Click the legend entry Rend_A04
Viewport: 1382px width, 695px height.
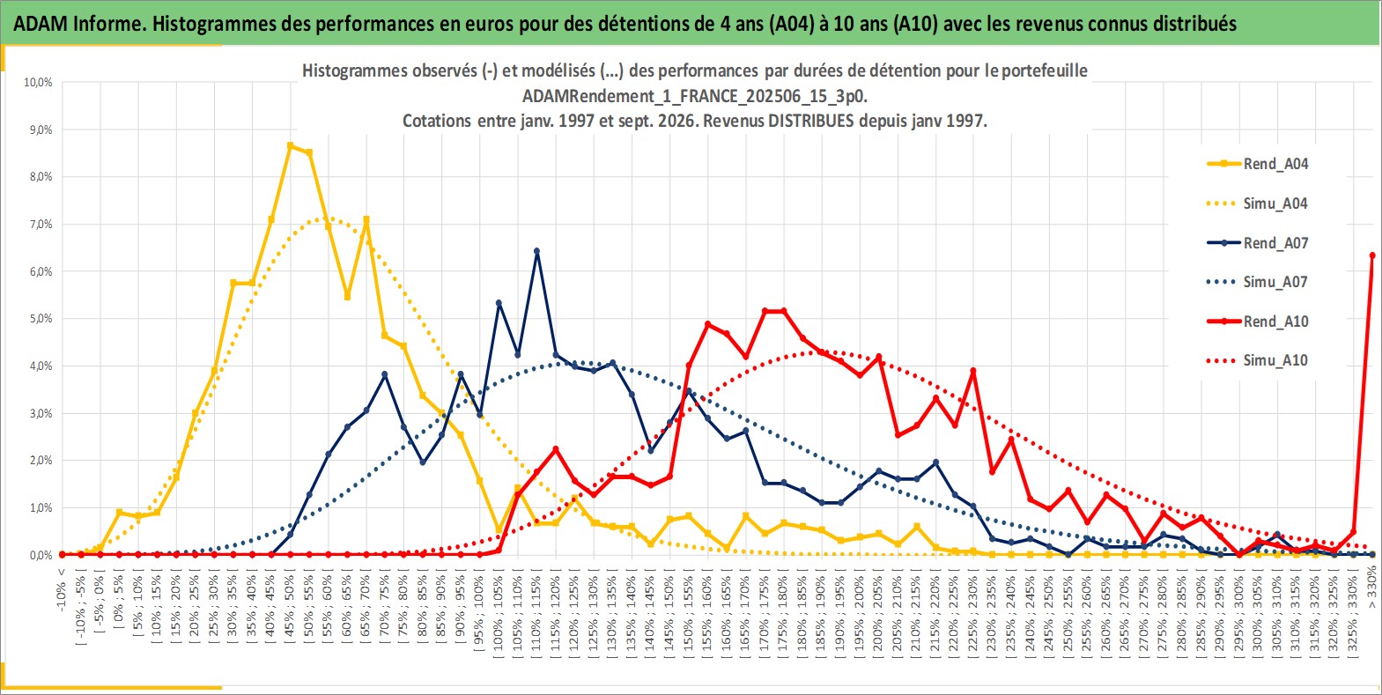1258,164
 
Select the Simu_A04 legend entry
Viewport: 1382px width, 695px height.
1258,203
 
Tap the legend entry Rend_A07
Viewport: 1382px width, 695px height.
1258,242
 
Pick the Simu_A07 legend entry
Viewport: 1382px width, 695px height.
1258,282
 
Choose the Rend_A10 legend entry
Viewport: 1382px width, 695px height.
1258,321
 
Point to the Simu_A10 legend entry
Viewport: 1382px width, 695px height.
1258,360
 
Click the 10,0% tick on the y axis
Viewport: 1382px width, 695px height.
38,82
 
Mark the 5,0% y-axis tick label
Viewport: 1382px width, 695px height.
41,319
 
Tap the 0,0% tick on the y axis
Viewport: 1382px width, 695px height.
41,555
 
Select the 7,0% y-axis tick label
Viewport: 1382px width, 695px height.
41,224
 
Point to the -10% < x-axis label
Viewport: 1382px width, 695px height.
61,589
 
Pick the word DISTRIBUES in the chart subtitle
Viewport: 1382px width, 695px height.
810,121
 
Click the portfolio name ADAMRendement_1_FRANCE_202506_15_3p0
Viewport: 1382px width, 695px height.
695,96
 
